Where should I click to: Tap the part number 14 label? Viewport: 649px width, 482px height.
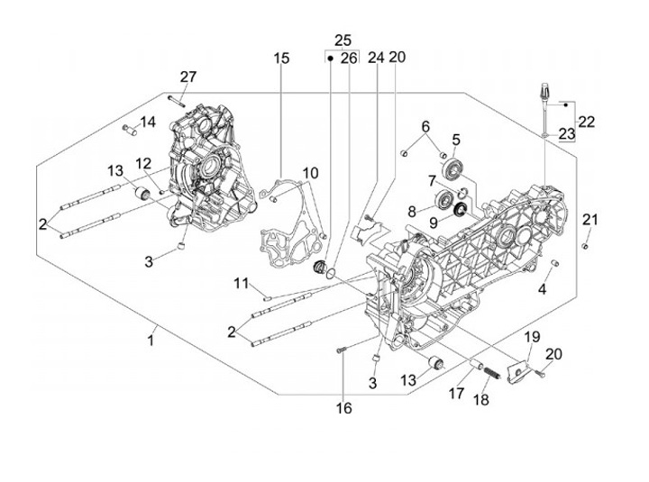tap(148, 122)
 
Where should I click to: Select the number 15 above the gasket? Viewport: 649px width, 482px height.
tap(282, 59)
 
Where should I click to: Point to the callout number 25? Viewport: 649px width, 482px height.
tap(343, 40)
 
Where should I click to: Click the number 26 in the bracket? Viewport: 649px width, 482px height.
tap(350, 57)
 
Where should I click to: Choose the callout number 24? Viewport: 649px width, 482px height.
tap(375, 57)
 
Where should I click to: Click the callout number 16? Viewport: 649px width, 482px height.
tap(344, 408)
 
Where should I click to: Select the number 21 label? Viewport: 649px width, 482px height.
tap(590, 220)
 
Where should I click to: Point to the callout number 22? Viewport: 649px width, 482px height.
tap(587, 121)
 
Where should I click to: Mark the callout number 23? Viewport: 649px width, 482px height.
tap(567, 134)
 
